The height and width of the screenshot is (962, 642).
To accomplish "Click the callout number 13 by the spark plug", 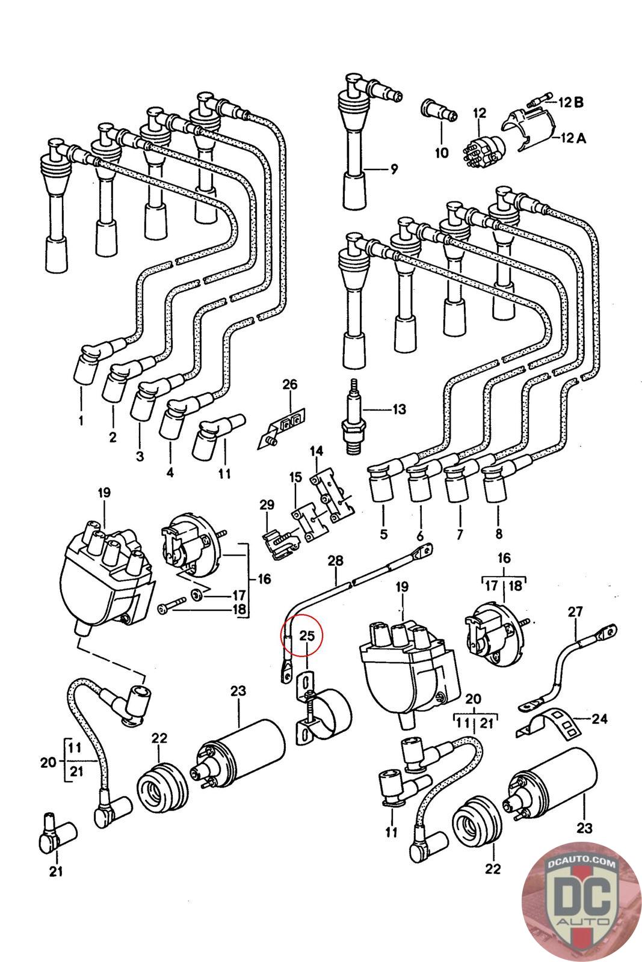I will pyautogui.click(x=399, y=409).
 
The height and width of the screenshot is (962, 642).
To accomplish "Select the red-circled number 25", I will pyautogui.click(x=307, y=635).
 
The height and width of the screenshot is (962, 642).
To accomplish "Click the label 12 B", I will pyautogui.click(x=570, y=102).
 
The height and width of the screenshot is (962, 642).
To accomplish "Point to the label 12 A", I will pyautogui.click(x=572, y=138).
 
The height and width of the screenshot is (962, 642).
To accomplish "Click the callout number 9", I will pyautogui.click(x=394, y=170).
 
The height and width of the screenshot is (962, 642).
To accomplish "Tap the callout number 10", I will pyautogui.click(x=442, y=153).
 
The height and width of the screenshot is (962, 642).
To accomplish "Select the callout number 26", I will pyautogui.click(x=290, y=384).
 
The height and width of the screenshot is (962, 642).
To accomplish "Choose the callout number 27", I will pyautogui.click(x=575, y=612).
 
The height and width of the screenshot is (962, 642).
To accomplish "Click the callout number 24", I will pyautogui.click(x=599, y=718).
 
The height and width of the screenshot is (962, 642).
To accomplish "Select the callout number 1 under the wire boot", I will pyautogui.click(x=81, y=420).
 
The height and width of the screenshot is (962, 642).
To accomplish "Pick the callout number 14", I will pyautogui.click(x=316, y=451).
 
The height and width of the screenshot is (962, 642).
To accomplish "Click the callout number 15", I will pyautogui.click(x=295, y=477).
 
